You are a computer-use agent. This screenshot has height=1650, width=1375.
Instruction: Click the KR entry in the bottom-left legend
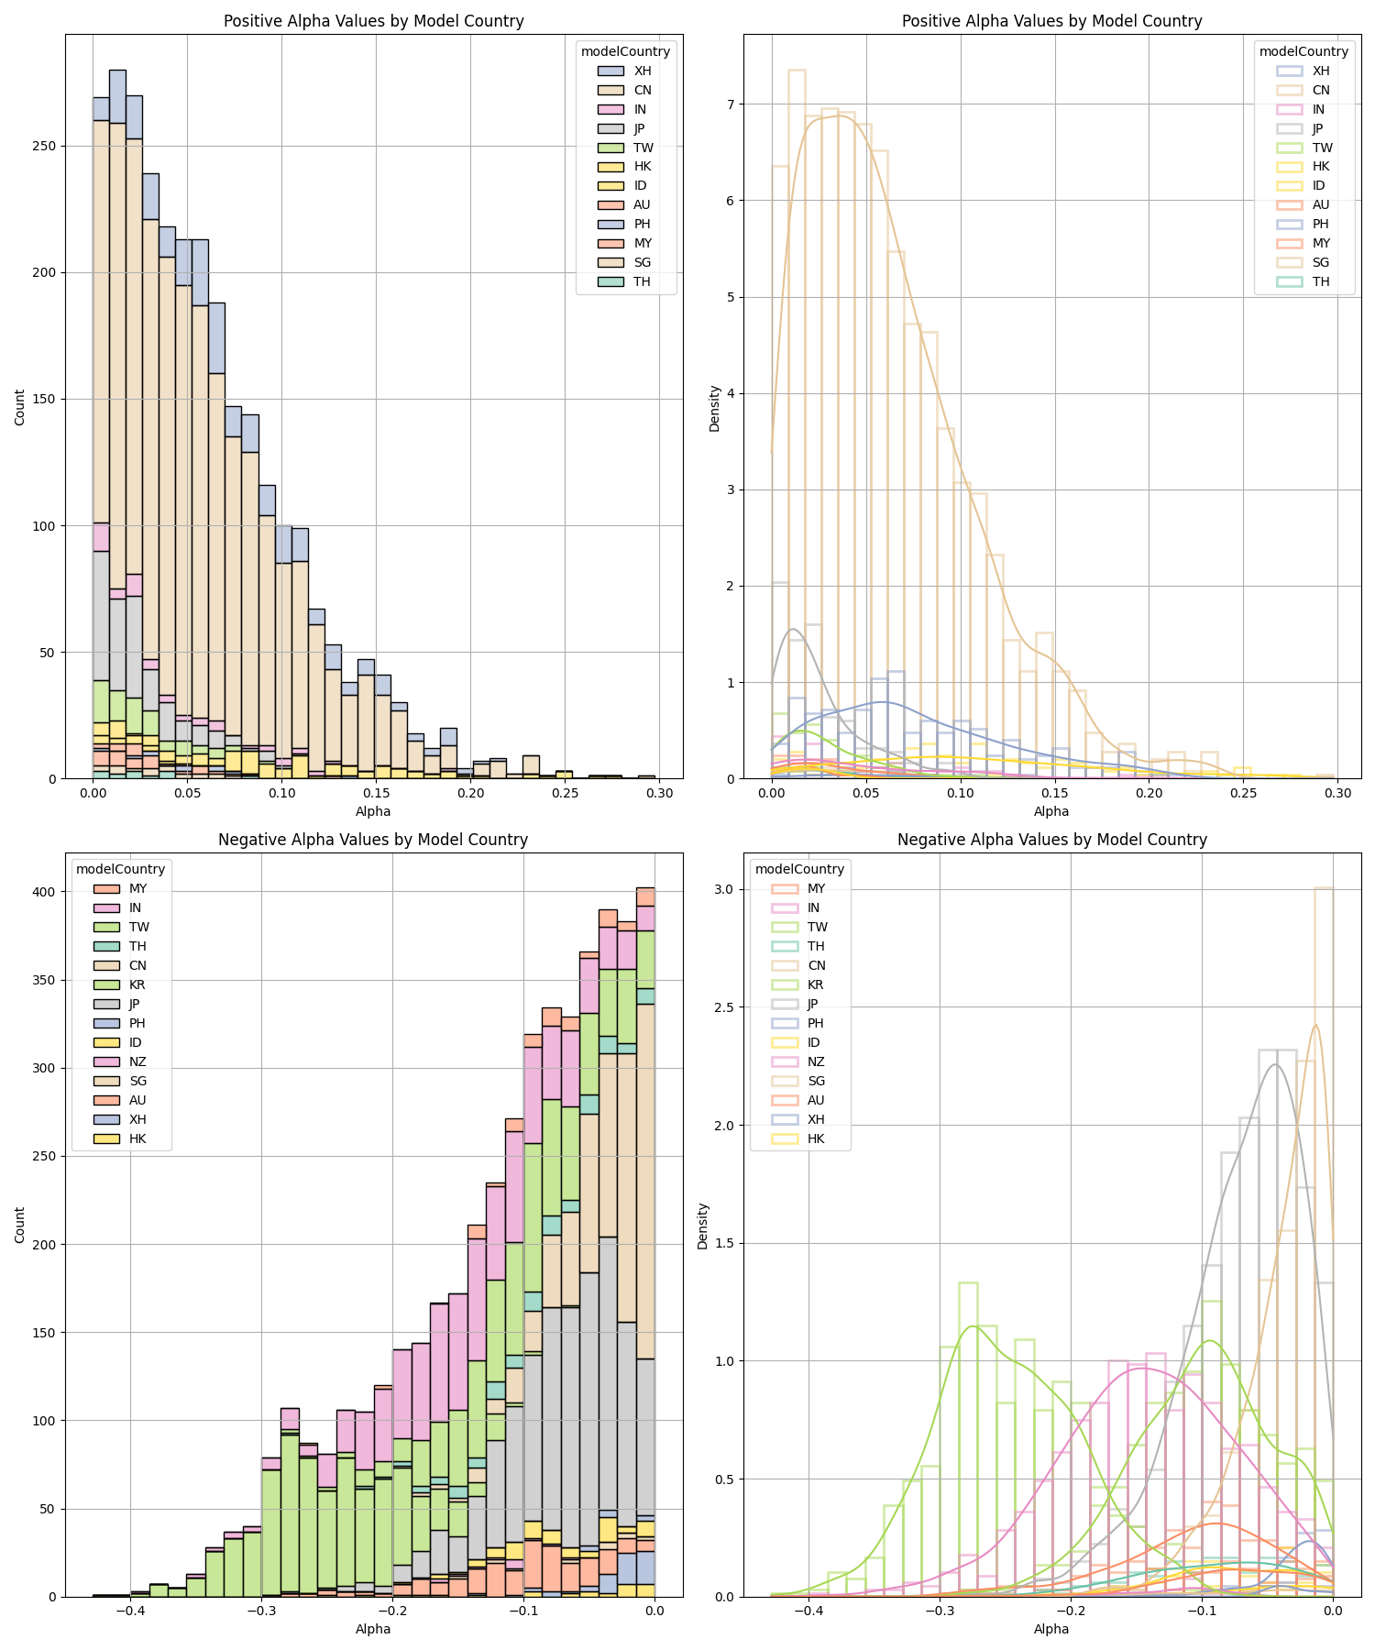pos(137,984)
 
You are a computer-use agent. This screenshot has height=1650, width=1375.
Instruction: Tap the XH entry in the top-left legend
pos(642,71)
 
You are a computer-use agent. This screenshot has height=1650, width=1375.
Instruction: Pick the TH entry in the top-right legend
pos(1320,281)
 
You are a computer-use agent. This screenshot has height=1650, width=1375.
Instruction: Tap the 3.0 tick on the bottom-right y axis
pos(724,889)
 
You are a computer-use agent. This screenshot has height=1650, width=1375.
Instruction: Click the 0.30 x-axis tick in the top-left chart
pos(659,792)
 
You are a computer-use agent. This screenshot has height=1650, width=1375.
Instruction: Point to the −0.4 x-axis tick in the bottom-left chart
pos(129,1611)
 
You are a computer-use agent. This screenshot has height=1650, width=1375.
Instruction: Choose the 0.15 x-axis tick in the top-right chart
pos(1054,792)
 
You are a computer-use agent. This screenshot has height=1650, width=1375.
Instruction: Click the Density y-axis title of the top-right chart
pos(715,408)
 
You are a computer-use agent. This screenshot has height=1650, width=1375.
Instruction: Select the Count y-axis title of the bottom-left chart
pos(20,1225)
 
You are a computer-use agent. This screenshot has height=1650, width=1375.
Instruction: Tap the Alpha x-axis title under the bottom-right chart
pos(1051,1629)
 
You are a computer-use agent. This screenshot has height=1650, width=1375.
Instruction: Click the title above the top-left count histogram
pos(374,21)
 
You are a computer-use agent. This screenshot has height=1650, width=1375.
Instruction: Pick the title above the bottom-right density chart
pos(1051,840)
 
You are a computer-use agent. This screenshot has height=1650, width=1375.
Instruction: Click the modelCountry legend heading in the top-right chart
pos(1303,51)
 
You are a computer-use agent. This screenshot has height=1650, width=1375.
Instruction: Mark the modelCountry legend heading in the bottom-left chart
pos(120,869)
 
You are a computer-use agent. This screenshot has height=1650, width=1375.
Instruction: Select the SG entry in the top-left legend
pos(642,262)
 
